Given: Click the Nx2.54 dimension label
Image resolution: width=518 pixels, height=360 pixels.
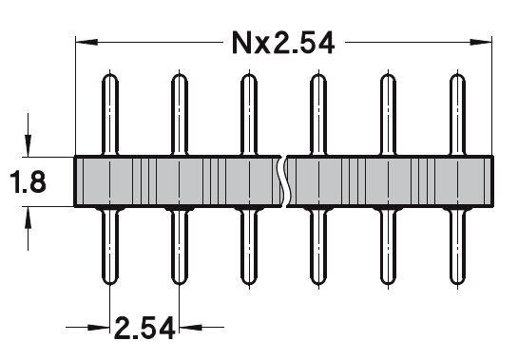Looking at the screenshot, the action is pos(283,43).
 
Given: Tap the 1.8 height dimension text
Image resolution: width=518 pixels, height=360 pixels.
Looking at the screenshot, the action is pos(29,182).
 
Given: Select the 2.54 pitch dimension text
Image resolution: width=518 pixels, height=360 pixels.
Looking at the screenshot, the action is pos(144,328).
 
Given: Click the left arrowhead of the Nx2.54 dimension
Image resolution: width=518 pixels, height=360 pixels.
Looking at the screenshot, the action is pos(86,43).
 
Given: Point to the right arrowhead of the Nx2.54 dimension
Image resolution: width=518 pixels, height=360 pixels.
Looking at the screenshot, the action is pos(481,43).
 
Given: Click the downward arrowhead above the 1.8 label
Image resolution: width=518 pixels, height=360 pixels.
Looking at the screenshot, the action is pos(29,145).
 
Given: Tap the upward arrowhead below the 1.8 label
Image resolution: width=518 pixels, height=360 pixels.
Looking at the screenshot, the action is pos(29,218).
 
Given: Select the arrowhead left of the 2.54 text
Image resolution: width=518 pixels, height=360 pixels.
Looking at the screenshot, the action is pos(99,328).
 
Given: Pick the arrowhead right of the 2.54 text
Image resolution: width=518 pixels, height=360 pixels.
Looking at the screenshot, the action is pos(190,328).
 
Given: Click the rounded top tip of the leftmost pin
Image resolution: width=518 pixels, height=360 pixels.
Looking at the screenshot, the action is pos(110,75).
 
